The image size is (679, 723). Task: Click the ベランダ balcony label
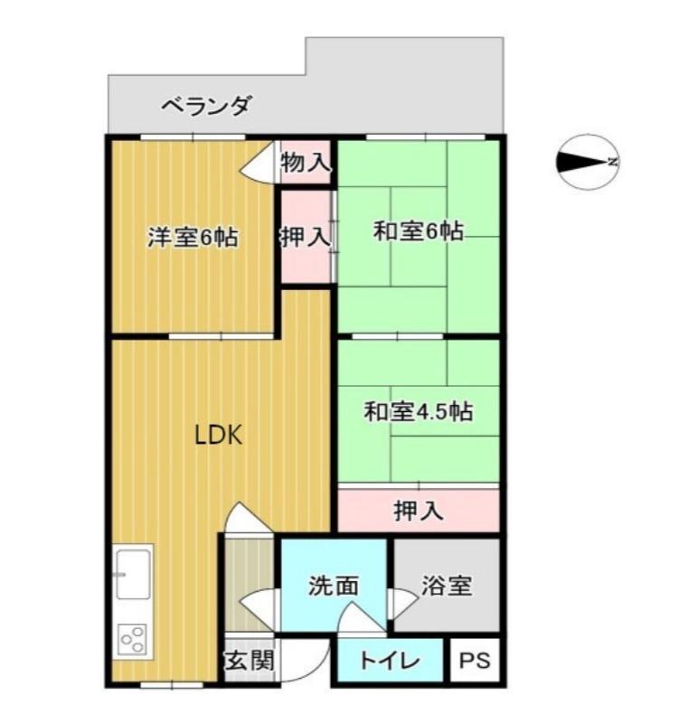point(205,106)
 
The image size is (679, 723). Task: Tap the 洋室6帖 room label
point(193,238)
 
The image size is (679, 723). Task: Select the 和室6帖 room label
point(419,232)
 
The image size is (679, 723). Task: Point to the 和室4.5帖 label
point(419,412)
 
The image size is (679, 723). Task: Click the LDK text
point(218,436)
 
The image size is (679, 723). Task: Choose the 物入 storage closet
point(306,164)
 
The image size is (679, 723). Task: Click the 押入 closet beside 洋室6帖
point(305,238)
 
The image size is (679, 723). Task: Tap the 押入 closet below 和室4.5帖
point(419,512)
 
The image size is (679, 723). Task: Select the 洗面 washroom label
point(334,586)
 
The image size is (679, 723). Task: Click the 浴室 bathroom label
point(446,586)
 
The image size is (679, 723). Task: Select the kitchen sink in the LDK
point(133,572)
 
